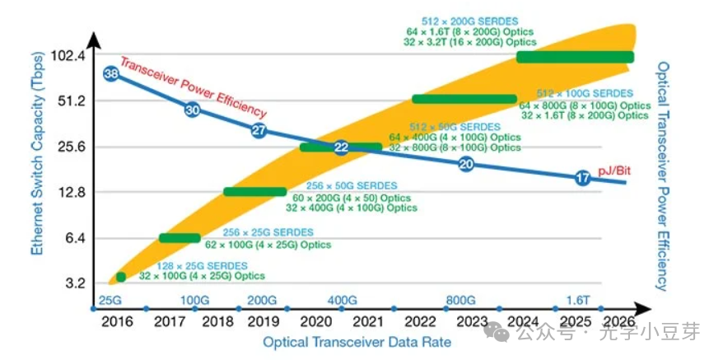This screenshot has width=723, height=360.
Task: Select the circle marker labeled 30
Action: [x=192, y=109]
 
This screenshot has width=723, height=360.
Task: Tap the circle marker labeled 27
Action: [x=259, y=130]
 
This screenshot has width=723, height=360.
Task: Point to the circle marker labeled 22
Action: [x=342, y=147]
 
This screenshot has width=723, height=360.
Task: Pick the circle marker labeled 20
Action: [x=466, y=164]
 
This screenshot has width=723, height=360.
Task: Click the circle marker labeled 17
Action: [x=583, y=178]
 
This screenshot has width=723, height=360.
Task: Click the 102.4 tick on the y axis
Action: [x=68, y=56]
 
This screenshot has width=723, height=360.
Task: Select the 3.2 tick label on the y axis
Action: [x=74, y=283]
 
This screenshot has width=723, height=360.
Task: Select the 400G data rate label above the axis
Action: [x=342, y=299]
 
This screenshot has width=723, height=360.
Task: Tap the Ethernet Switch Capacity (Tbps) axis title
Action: [x=38, y=157]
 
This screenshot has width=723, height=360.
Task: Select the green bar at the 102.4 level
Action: [x=575, y=57]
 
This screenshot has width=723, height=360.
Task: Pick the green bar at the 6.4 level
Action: [x=180, y=238]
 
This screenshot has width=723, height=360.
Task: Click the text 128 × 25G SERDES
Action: [x=201, y=265]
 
